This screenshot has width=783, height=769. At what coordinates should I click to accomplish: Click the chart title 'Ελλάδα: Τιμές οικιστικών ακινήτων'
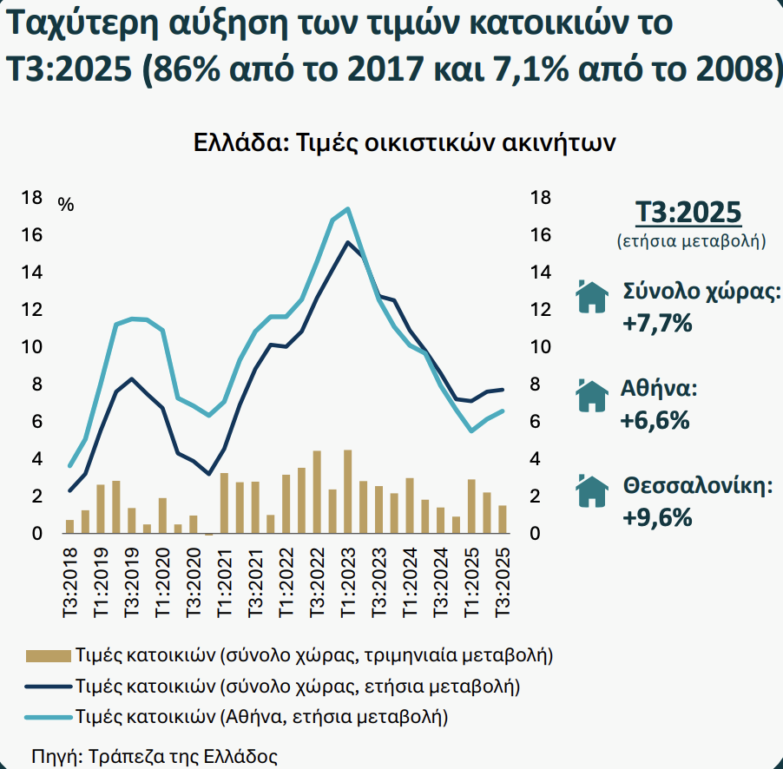pyautogui.click(x=405, y=141)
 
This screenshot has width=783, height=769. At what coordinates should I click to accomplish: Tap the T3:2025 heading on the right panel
pyautogui.click(x=690, y=212)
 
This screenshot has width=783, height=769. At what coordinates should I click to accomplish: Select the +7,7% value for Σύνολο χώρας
pyautogui.click(x=657, y=324)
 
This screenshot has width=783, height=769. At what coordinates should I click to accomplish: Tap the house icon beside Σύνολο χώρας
pyautogui.click(x=593, y=296)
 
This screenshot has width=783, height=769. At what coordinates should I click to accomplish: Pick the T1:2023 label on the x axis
pyautogui.click(x=347, y=583)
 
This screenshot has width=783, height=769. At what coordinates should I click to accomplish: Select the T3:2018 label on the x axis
pyautogui.click(x=70, y=583)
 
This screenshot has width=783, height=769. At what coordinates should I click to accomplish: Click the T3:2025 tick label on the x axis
pyautogui.click(x=503, y=583)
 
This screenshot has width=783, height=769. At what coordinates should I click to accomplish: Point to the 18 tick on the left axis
pyautogui.click(x=31, y=198)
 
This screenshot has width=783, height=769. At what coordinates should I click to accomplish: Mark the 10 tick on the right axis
pyautogui.click(x=540, y=347)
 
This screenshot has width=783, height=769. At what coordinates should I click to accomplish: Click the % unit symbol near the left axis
pyautogui.click(x=66, y=205)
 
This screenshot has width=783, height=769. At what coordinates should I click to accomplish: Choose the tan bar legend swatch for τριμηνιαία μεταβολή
pyautogui.click(x=47, y=654)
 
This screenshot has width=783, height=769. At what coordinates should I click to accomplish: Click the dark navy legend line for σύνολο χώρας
pyautogui.click(x=47, y=686)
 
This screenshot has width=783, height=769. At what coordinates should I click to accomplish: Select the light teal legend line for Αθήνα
pyautogui.click(x=47, y=717)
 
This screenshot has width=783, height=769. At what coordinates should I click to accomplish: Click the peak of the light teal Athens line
pyautogui.click(x=347, y=208)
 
